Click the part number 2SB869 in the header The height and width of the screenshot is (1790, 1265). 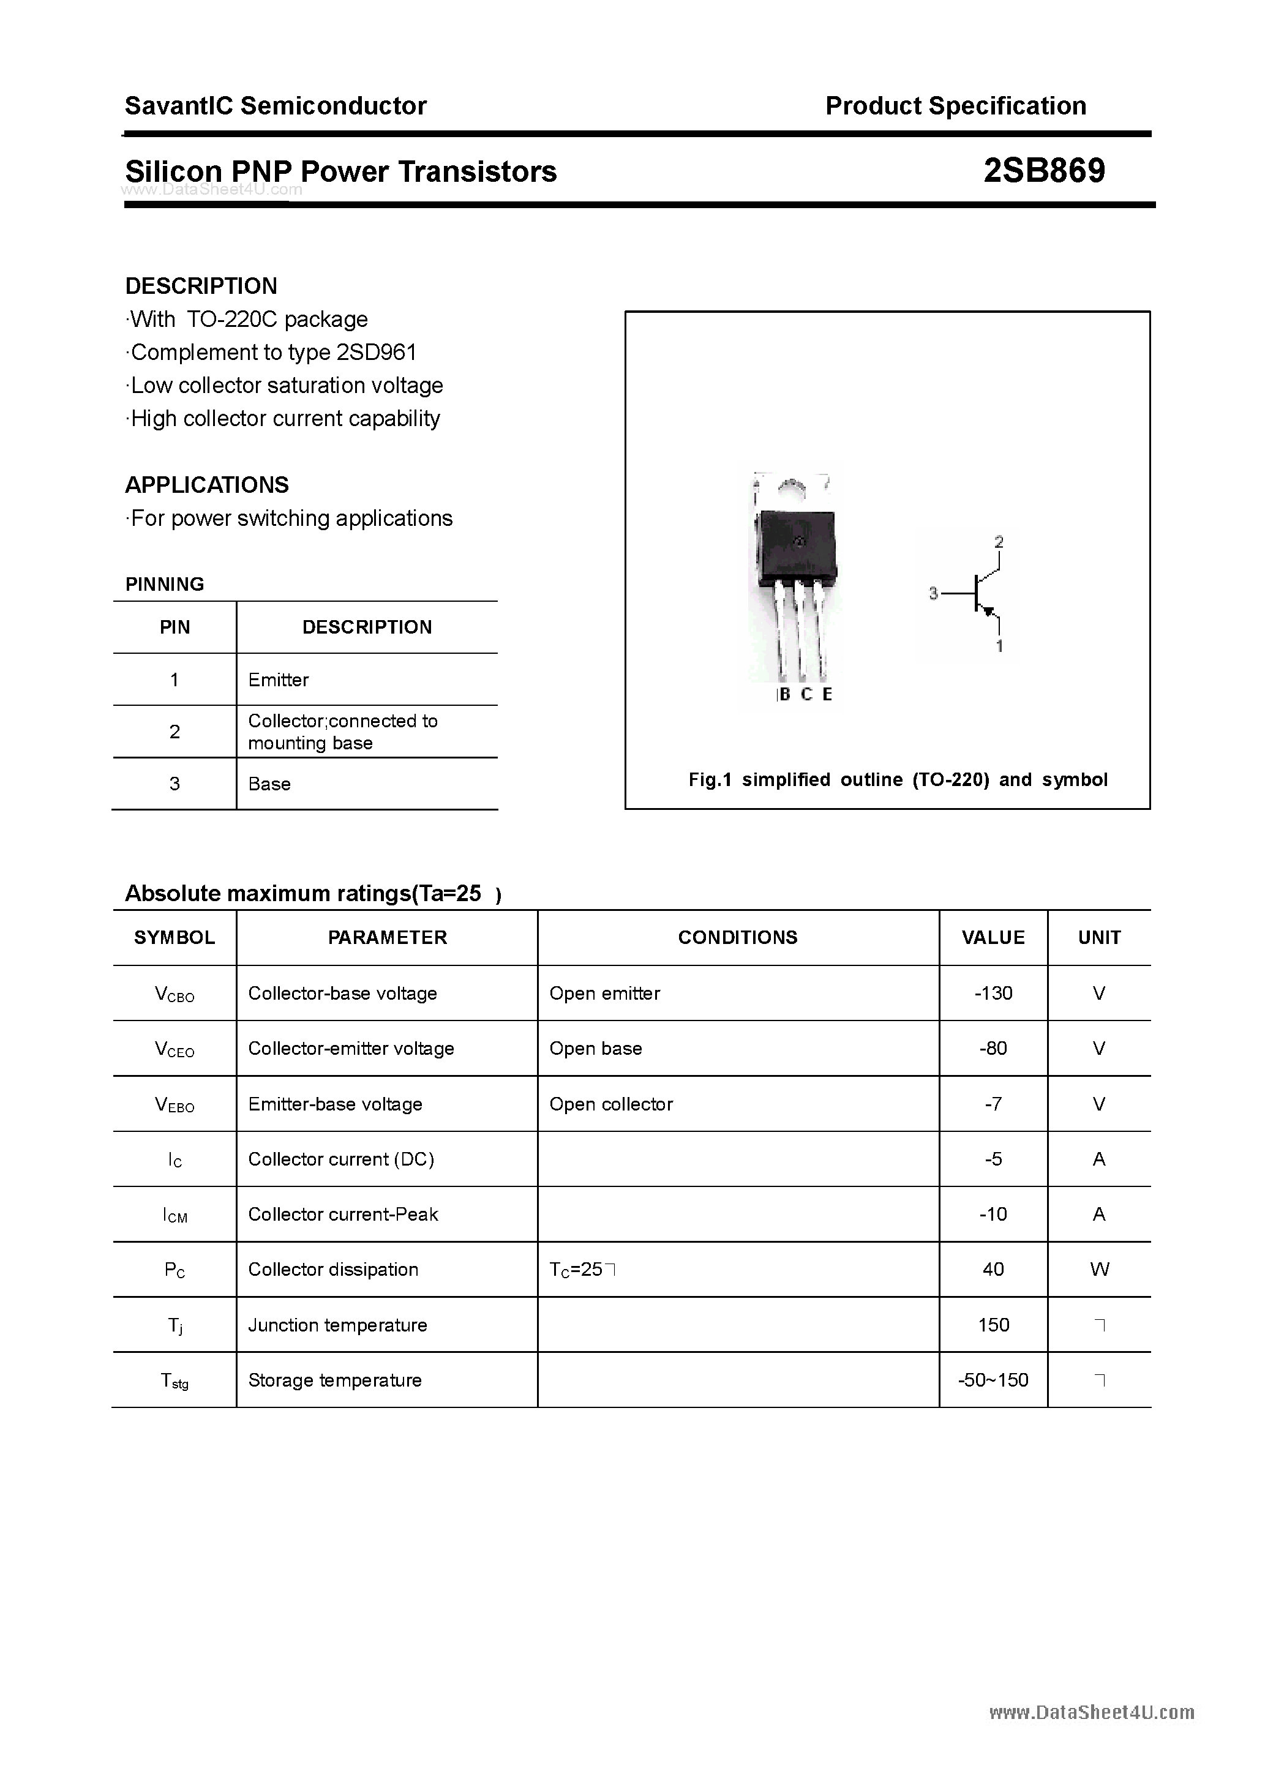pos(1043,171)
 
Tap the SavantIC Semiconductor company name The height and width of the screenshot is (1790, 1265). pos(276,106)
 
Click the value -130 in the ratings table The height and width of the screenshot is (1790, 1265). pos(993,993)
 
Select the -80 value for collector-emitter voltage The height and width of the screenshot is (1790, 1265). pos(993,1049)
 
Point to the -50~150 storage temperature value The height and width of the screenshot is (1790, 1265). pos(993,1380)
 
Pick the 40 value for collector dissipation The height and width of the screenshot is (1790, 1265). pos(993,1269)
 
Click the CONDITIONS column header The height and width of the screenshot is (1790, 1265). pos(737,937)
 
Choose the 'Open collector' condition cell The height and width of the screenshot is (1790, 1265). pos(610,1104)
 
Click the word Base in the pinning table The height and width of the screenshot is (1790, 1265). pos(269,784)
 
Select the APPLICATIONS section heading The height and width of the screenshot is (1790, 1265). pos(207,485)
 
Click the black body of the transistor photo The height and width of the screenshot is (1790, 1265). pos(796,545)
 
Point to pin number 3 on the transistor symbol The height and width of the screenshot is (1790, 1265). pos(933,594)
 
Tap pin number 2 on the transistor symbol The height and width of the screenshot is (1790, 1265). pos(999,542)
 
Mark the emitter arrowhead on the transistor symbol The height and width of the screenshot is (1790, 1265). pos(991,612)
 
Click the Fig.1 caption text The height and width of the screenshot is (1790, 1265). pos(897,780)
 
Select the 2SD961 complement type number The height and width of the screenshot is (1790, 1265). pos(376,353)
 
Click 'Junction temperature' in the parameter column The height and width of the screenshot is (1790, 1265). pos(337,1325)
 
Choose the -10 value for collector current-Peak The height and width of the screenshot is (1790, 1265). pos(993,1214)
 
